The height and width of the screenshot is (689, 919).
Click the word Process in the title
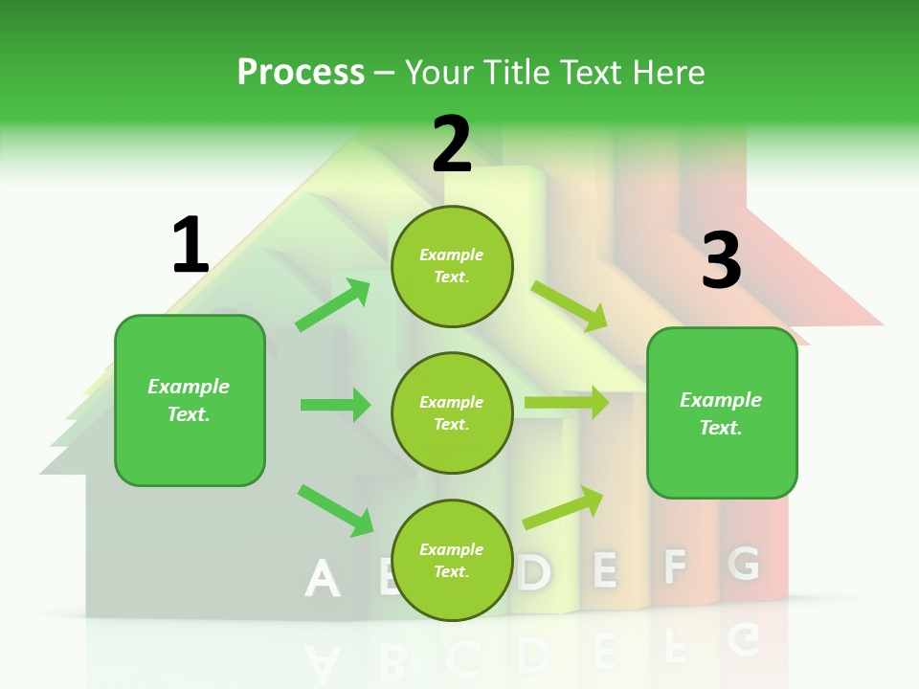tap(301, 73)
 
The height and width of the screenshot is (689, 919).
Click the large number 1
tap(190, 245)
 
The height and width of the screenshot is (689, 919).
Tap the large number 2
tap(452, 144)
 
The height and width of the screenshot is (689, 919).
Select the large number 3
tap(721, 260)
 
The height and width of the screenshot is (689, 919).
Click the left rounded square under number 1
tap(190, 400)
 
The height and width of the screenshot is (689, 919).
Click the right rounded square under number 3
tap(722, 413)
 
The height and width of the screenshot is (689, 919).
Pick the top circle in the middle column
tap(452, 266)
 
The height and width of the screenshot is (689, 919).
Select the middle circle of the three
tap(452, 413)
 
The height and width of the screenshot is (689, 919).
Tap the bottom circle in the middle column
tap(452, 561)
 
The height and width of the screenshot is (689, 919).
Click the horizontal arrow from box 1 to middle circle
tap(335, 405)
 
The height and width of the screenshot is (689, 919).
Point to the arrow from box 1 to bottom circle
tap(335, 510)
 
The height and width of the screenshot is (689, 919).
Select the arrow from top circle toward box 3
tap(570, 305)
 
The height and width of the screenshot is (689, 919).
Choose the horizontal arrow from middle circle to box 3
tap(567, 403)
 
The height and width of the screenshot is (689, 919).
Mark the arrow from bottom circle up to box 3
tap(563, 508)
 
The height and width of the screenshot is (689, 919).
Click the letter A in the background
tap(323, 578)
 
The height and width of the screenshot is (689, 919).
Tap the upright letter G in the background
tap(743, 564)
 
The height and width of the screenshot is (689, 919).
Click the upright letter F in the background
tap(675, 567)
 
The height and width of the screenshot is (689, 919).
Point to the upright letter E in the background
tap(604, 569)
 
